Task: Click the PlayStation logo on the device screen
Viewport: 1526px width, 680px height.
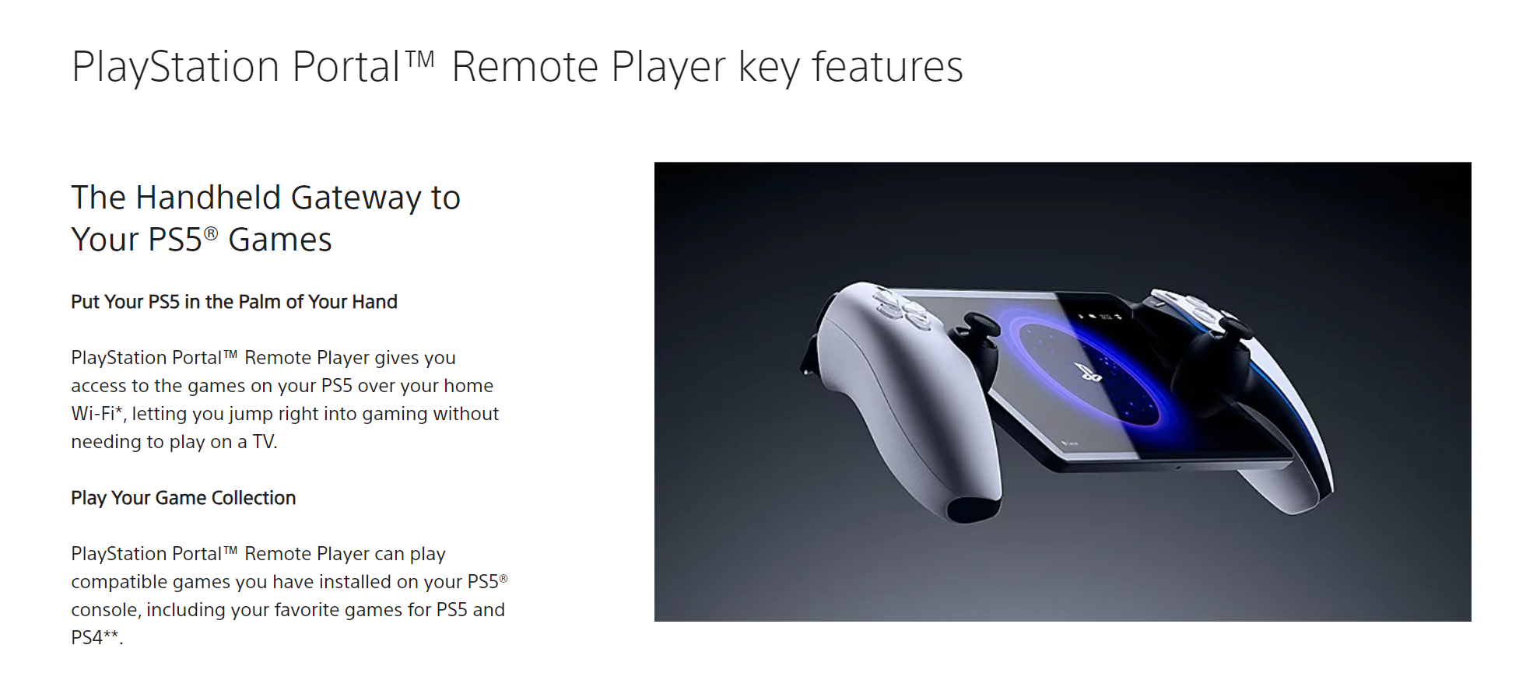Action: tap(1088, 373)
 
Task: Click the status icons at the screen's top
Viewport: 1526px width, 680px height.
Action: tap(1100, 317)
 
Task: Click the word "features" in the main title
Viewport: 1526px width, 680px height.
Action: tap(888, 67)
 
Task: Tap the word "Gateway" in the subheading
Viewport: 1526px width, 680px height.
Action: tap(356, 198)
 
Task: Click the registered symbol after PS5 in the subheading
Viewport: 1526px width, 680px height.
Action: tap(211, 233)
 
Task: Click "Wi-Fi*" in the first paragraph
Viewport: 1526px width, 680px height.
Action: tap(97, 413)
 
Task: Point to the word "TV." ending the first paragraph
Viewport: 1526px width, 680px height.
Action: tap(265, 442)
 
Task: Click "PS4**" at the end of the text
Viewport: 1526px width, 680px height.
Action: tap(95, 637)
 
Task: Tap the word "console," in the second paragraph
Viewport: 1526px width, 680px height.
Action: tap(106, 610)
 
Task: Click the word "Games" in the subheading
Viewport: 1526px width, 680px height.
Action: tap(280, 240)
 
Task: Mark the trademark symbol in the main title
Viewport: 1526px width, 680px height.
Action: tap(419, 59)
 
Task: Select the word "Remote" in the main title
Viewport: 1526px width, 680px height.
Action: tap(525, 67)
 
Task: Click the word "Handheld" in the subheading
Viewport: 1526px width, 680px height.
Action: tap(208, 198)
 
